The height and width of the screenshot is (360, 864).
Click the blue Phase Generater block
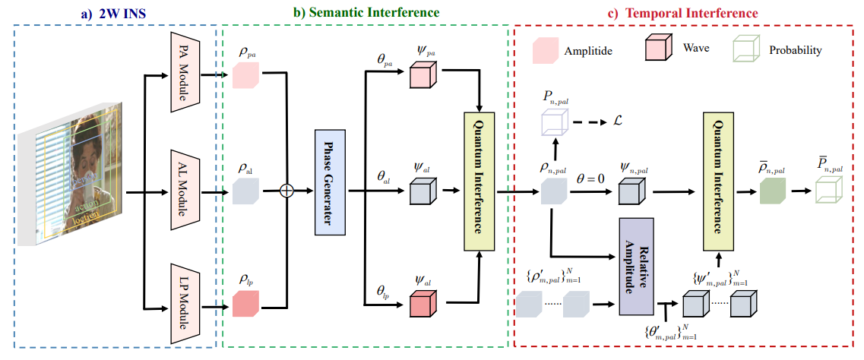[330, 182]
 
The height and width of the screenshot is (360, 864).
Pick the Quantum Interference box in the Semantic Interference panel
[479, 182]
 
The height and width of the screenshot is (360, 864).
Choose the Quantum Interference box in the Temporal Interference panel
[718, 182]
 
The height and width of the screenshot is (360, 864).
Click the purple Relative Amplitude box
[637, 267]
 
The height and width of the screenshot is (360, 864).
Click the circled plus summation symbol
[286, 191]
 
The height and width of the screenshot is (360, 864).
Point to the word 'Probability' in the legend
[794, 50]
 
